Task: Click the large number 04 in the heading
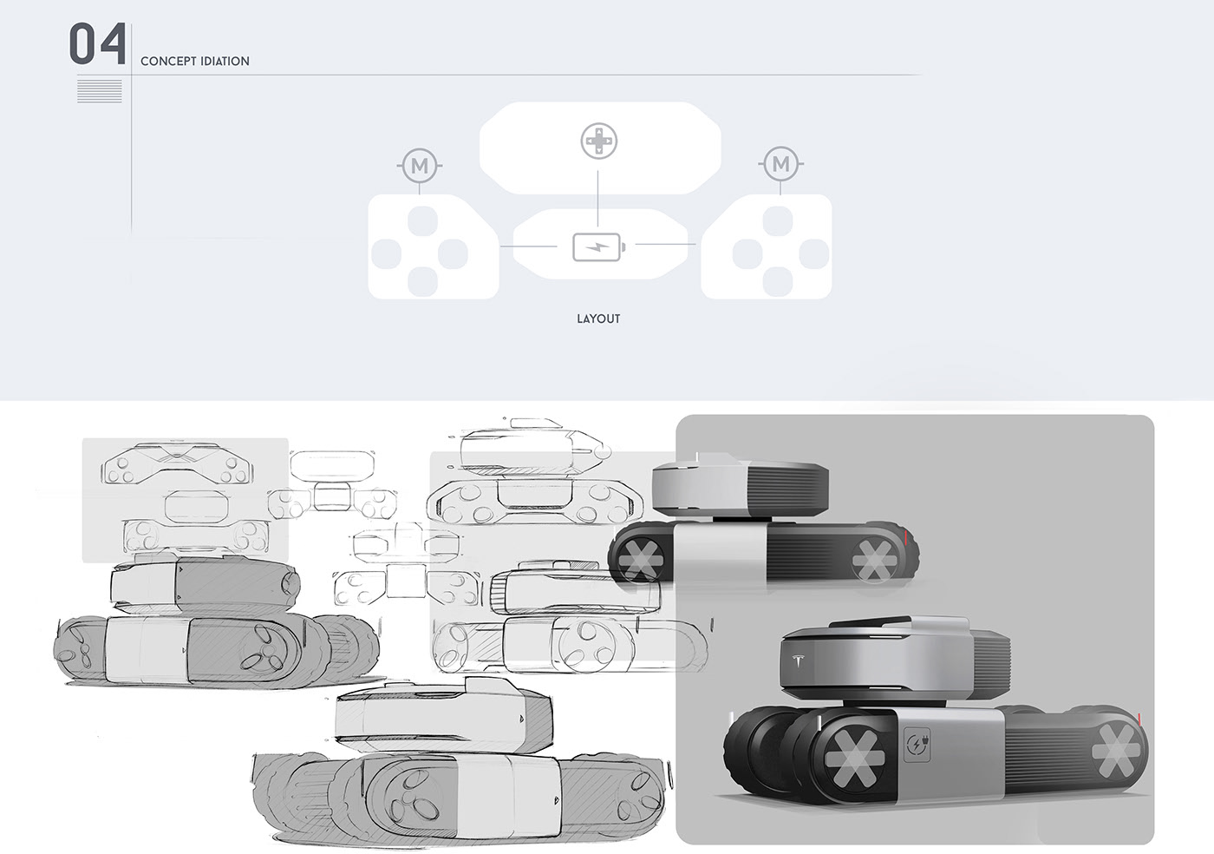(x=97, y=46)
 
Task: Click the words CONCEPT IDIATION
(x=194, y=62)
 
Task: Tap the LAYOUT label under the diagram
(x=598, y=319)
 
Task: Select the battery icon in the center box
(x=597, y=246)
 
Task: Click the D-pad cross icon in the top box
(x=598, y=141)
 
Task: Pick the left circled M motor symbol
(x=421, y=164)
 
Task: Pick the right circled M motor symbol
(x=781, y=164)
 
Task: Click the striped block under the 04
(x=99, y=90)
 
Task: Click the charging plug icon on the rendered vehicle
(x=916, y=745)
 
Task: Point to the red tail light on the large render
(x=1138, y=718)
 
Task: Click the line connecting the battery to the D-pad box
(x=598, y=201)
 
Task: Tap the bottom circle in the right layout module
(x=777, y=279)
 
